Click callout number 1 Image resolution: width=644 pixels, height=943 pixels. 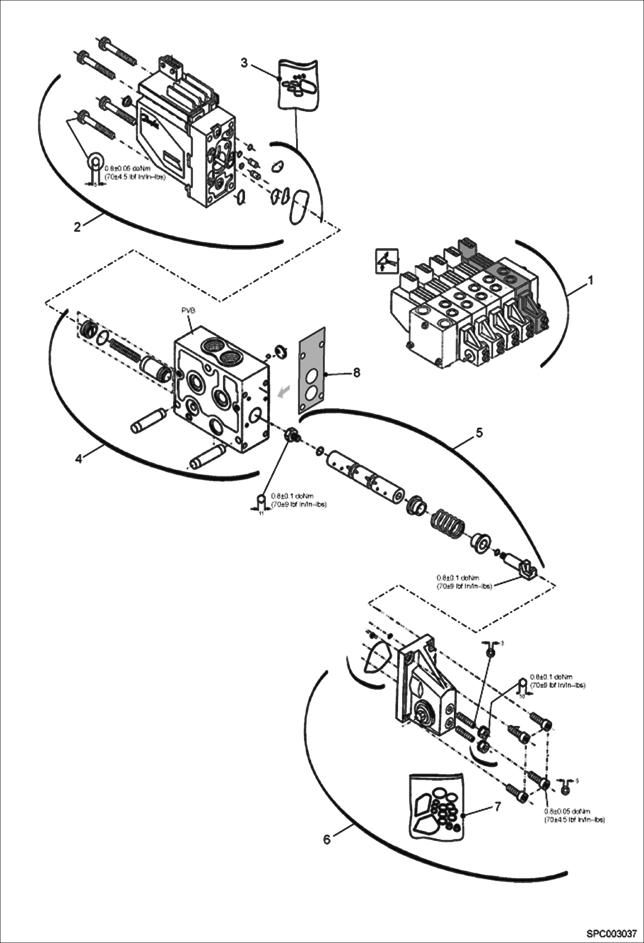point(591,281)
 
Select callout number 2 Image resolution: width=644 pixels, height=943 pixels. point(77,227)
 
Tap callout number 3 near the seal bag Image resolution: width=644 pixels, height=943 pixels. point(244,63)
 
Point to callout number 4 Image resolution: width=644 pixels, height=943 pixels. point(79,459)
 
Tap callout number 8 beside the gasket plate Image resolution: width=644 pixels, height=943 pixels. point(356,373)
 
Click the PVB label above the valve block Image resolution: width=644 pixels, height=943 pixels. point(189,310)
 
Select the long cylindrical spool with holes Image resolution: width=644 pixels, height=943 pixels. point(365,475)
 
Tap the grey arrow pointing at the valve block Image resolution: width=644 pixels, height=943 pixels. point(284,391)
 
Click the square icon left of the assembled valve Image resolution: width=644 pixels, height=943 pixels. point(386,260)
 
